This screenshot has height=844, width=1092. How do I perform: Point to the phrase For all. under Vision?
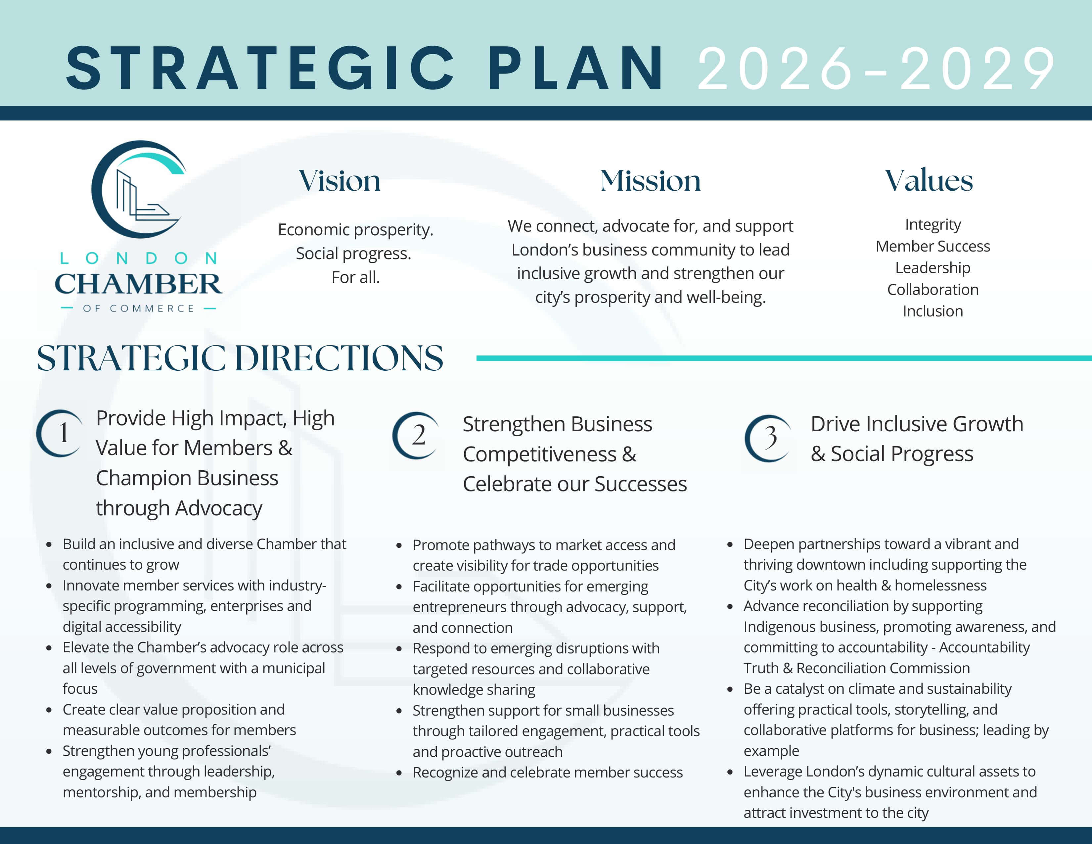[x=355, y=277]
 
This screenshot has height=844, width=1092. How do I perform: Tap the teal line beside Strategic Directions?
[x=784, y=358]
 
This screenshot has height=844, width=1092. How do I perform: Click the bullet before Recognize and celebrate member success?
[x=399, y=773]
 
